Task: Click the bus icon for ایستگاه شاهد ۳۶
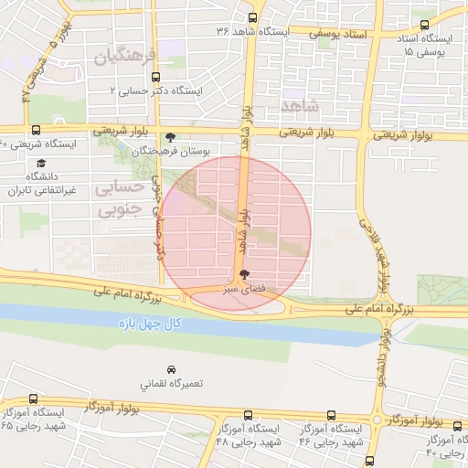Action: pos(253,17)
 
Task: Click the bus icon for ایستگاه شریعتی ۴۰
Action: pos(36,131)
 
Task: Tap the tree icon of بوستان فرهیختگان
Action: pos(171,137)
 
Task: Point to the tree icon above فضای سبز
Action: pos(243,274)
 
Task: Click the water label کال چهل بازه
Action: pos(151,324)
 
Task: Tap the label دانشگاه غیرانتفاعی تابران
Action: pos(39,183)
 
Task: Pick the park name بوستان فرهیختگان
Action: pos(178,151)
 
